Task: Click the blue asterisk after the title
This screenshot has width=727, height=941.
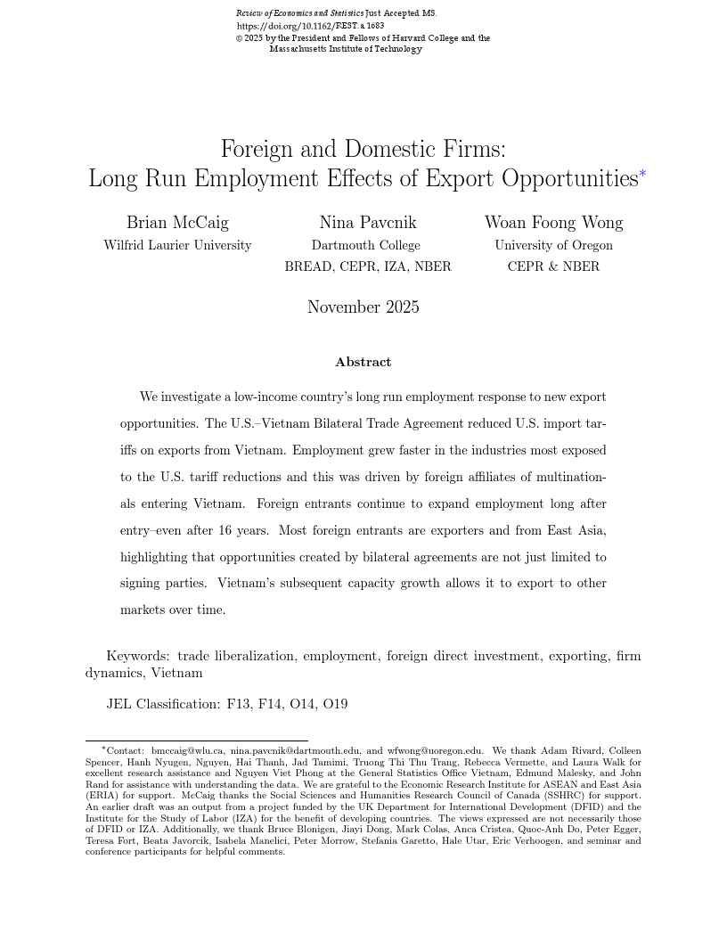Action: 642,174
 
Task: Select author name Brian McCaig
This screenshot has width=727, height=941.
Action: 177,223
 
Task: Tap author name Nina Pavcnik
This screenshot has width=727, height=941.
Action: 368,223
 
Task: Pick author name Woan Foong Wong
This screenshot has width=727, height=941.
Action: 553,223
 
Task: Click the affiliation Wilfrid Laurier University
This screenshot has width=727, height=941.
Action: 177,245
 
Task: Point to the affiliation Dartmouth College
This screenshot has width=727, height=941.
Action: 365,245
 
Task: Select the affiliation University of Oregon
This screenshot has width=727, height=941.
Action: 553,245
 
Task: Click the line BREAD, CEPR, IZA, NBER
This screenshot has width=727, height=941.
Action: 368,266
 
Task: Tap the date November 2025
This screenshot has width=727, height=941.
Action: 363,307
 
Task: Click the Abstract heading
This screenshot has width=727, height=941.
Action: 363,362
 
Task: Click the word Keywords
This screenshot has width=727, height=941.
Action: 137,656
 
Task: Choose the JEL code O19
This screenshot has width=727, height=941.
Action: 335,704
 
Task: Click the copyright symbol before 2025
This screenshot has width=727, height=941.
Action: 239,39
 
